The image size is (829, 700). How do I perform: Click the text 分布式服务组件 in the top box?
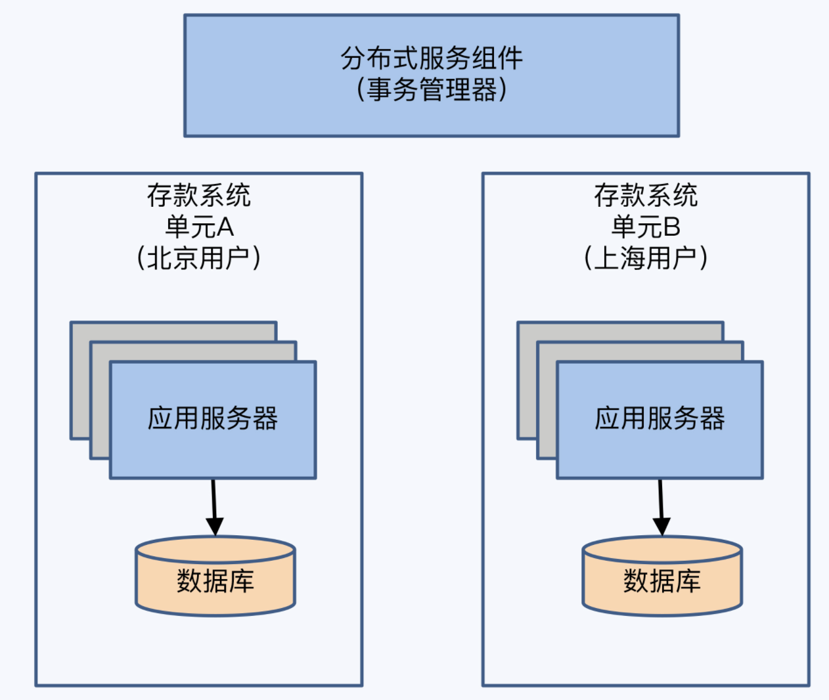click(x=432, y=58)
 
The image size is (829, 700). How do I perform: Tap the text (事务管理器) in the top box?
click(x=432, y=89)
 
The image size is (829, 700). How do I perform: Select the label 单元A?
click(x=199, y=227)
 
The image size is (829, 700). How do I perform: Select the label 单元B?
click(x=646, y=227)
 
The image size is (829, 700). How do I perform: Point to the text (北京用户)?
click(x=199, y=258)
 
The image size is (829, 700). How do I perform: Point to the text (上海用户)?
click(x=646, y=258)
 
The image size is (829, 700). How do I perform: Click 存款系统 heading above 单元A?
click(x=199, y=196)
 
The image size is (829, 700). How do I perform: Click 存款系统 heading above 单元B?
click(x=646, y=196)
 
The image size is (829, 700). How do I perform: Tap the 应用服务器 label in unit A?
click(x=213, y=418)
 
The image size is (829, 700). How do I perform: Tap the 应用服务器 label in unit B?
click(x=660, y=418)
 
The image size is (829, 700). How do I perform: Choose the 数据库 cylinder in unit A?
click(x=215, y=578)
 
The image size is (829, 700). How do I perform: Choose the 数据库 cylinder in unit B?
click(x=662, y=578)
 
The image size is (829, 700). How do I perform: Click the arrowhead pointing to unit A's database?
click(x=215, y=526)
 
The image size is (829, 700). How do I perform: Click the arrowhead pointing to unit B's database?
click(x=661, y=526)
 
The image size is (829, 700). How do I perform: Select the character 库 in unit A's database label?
click(x=242, y=581)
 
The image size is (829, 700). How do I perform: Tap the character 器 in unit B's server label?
click(x=712, y=418)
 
